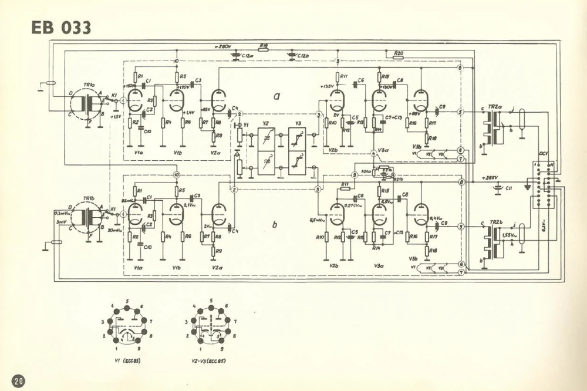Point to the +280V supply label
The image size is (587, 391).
[x=224, y=46]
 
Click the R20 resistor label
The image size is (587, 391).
[x=399, y=52]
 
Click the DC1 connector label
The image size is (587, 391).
[x=544, y=155]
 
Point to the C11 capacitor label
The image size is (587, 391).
[x=510, y=188]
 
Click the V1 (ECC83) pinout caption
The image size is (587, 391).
[x=126, y=360]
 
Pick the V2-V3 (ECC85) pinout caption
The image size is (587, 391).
[x=210, y=360]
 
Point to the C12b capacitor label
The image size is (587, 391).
[x=303, y=56]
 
